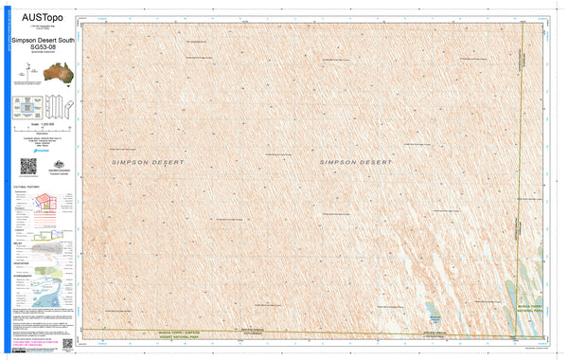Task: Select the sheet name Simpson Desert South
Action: pos(42,42)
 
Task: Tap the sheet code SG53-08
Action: pos(42,48)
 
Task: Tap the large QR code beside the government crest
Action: pos(27,167)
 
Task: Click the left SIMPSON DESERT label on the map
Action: pos(148,163)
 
